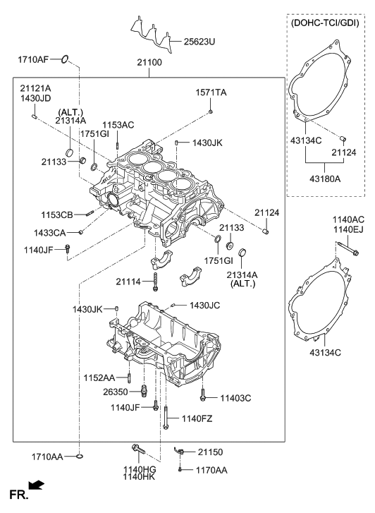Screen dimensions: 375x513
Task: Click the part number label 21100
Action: pos(149,62)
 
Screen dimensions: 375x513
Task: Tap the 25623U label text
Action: pos(199,42)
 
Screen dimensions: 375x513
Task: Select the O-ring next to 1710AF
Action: pos(65,59)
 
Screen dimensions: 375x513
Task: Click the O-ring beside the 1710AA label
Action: pos(79,456)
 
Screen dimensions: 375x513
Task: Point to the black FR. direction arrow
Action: pos(36,485)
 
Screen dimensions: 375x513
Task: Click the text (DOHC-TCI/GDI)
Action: pos(325,23)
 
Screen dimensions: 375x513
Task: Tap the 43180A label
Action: pos(325,179)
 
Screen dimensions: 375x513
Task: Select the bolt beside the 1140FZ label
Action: pos(166,418)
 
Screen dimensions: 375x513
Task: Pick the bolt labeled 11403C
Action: pos(203,394)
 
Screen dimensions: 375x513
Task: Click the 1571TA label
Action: pos(211,92)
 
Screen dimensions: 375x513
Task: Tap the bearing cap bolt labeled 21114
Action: pos(155,282)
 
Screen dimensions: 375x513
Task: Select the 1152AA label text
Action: pos(99,378)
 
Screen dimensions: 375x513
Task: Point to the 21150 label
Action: pos(210,452)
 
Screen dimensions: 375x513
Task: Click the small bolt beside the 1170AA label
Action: pos(180,470)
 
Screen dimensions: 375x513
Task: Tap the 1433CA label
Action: pos(50,233)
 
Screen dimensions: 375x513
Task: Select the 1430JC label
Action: pos(204,306)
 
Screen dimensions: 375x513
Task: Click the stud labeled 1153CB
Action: pos(90,214)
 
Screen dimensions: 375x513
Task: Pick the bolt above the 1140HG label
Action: pos(138,449)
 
